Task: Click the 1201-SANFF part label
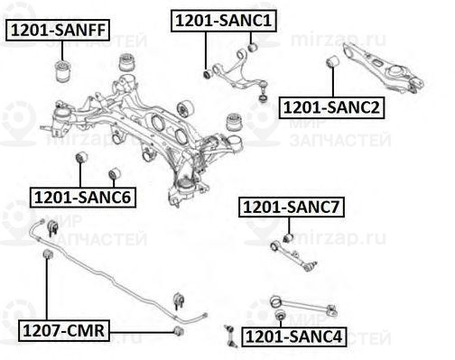click(x=59, y=30)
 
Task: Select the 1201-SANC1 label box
click(x=225, y=19)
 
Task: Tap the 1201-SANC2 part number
click(x=332, y=107)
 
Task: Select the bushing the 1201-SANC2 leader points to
click(x=332, y=61)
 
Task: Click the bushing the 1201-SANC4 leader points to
click(x=281, y=315)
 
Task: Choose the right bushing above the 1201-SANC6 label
click(x=114, y=174)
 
